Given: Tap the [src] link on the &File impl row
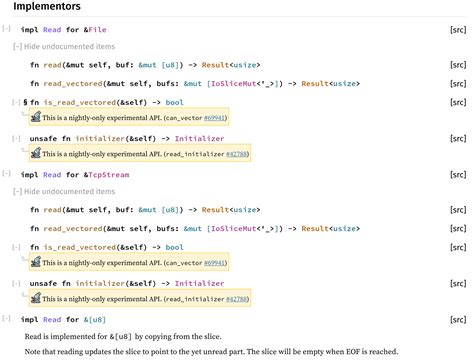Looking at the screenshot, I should point(458,31).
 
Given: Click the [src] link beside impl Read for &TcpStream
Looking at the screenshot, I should point(458,174).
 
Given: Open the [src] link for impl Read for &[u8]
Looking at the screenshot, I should point(458,319).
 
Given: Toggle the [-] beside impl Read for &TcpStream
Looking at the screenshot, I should point(7,174).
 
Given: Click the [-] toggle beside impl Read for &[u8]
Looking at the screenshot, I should point(7,319).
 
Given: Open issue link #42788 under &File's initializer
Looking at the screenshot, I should point(236,155).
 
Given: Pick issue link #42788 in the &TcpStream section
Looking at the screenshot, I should point(236,298).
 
